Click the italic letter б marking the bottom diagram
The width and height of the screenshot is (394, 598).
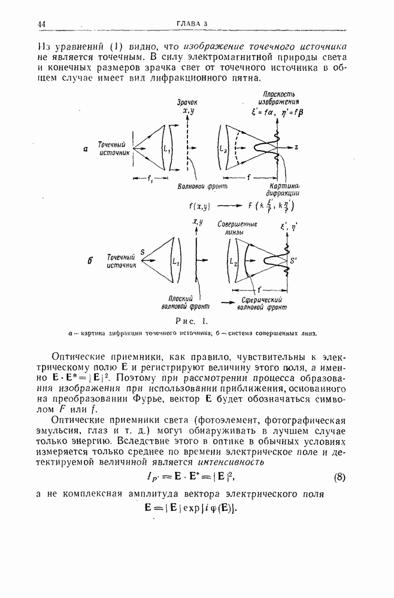(89, 261)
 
